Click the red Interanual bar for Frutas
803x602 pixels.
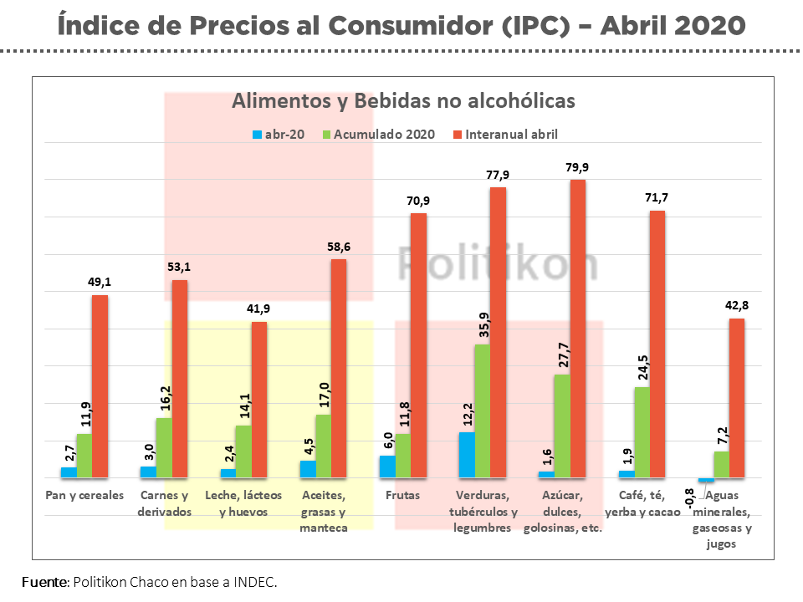point(418,345)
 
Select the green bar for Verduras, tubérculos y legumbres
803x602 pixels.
point(482,411)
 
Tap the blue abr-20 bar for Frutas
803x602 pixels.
point(387,467)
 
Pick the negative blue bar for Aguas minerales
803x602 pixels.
point(707,480)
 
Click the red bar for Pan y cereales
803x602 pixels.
point(100,386)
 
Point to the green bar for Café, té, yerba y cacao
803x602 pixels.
point(642,431)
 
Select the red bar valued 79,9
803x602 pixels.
point(577,329)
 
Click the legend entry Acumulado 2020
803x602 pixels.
point(384,134)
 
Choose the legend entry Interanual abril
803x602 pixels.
point(511,134)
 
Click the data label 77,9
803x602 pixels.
point(497,175)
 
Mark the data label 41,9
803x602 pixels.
point(259,309)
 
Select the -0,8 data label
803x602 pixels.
point(690,498)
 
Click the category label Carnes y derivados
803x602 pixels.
point(165,503)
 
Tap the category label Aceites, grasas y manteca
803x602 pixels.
point(323,511)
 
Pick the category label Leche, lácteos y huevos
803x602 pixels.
point(243,503)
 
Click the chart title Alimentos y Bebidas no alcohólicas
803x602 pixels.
point(403,100)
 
